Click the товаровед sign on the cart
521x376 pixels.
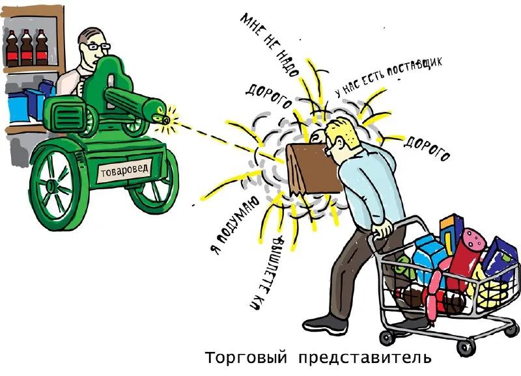click(x=124, y=170)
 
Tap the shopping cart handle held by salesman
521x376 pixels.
click(x=381, y=230)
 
